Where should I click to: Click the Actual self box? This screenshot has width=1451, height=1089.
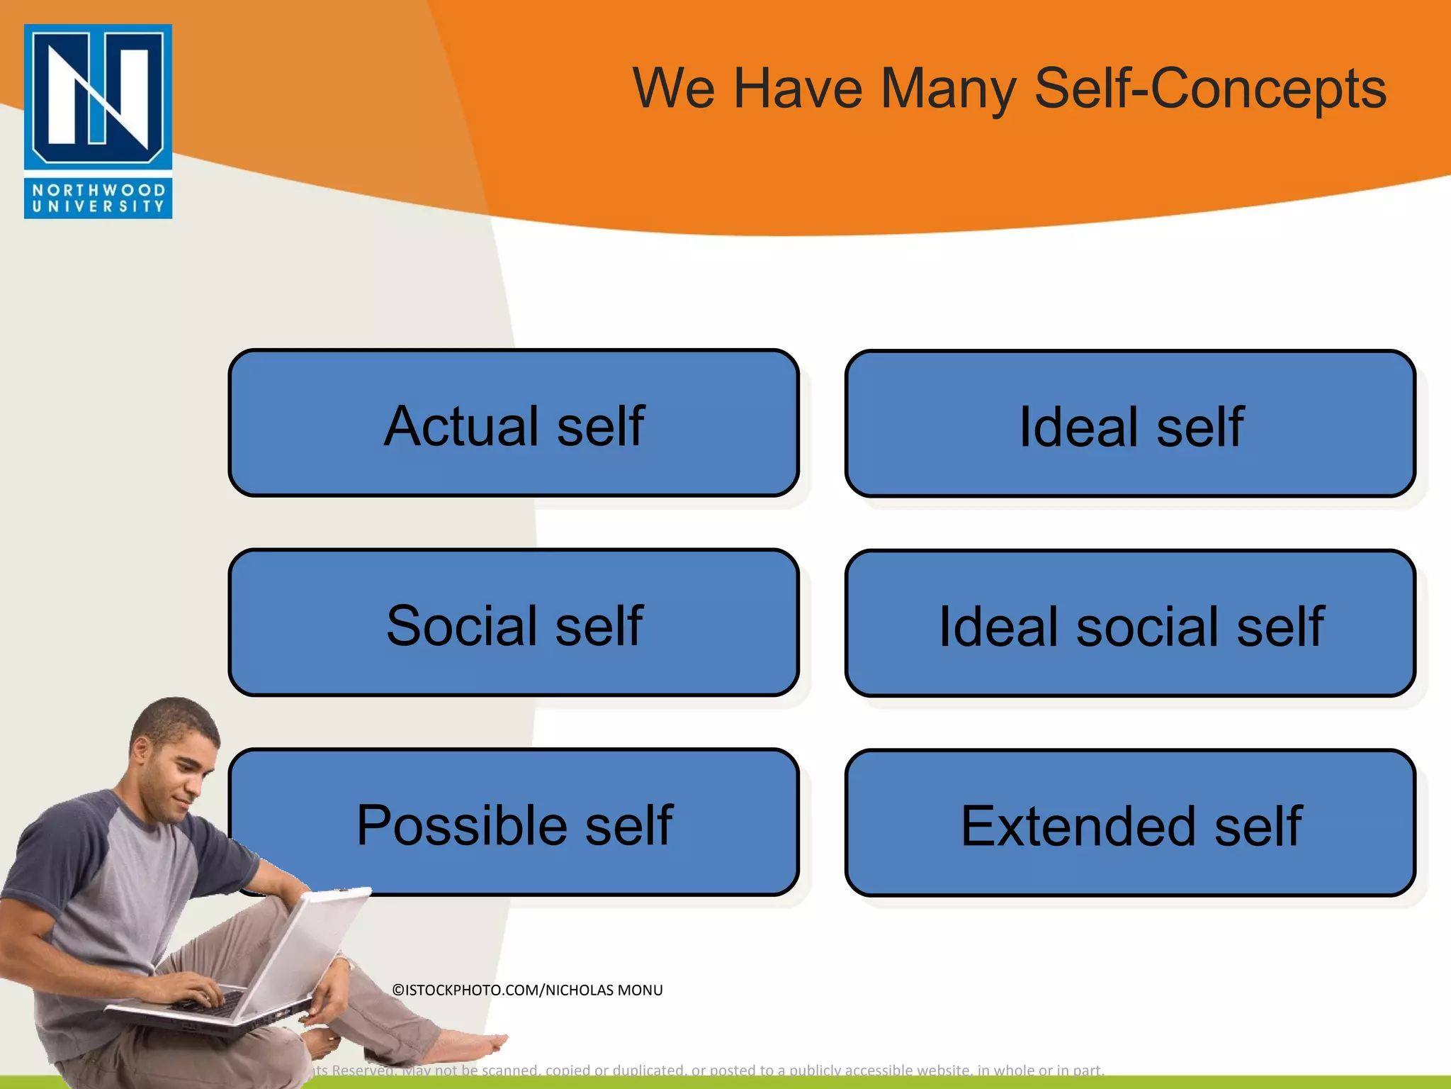pos(514,423)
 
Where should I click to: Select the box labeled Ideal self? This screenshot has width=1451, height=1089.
pos(1130,425)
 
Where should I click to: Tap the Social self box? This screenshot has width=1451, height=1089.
pos(514,623)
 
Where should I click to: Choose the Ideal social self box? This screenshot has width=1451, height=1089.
pos(1130,625)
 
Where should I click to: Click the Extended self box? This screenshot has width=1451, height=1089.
pos(1130,824)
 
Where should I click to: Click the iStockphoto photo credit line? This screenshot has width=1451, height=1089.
pos(527,990)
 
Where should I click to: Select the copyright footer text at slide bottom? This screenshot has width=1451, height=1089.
pos(708,1070)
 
